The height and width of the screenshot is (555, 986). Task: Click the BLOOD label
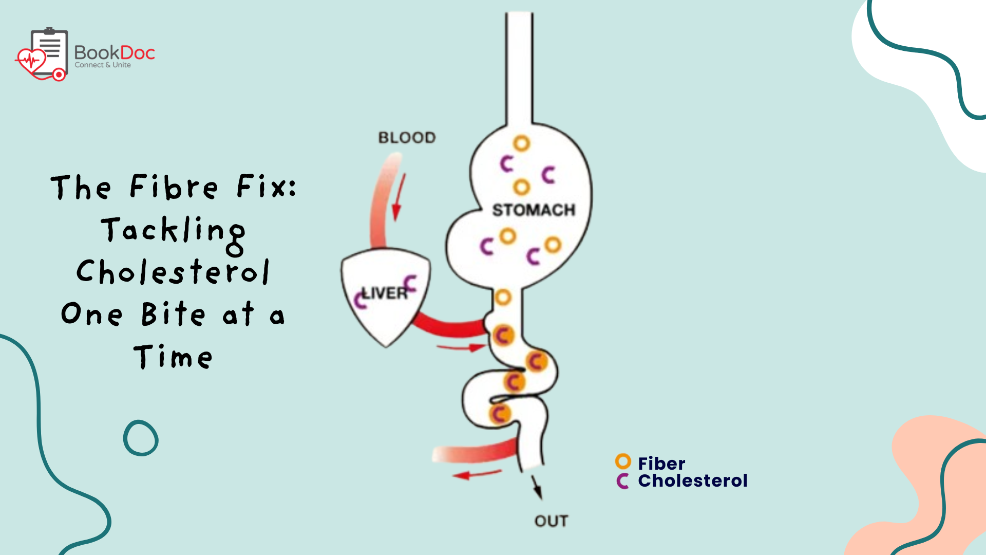point(407,138)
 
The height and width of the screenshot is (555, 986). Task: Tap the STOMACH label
point(534,210)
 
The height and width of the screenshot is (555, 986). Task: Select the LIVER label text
point(385,293)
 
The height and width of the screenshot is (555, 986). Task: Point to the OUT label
point(551,521)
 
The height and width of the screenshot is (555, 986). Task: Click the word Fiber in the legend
point(661,464)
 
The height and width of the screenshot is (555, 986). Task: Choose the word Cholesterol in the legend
point(693,481)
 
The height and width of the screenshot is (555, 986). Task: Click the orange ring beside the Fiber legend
point(623,461)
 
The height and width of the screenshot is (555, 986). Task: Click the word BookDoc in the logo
point(115,52)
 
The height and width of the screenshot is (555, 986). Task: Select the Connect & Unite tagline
point(103,65)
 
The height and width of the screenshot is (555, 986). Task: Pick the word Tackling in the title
point(173,231)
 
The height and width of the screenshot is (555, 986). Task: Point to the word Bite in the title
point(173,314)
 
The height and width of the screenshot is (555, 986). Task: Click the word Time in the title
point(173,357)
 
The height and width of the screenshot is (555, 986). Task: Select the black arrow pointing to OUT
point(536,487)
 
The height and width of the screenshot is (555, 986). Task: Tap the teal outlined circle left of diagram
point(141,438)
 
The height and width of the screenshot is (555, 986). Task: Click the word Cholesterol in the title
point(173,272)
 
